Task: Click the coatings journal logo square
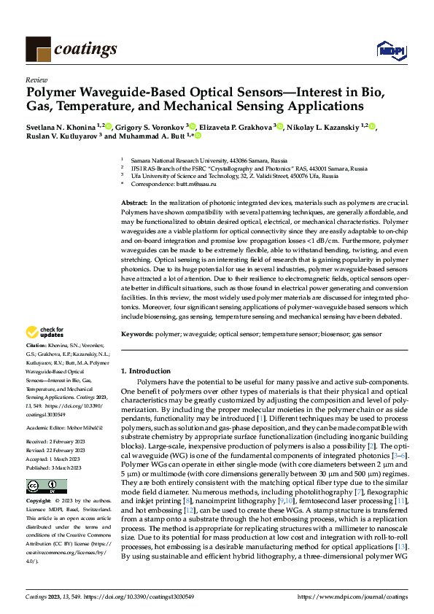click(x=38, y=49)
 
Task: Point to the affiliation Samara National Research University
click(x=183, y=159)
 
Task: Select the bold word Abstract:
click(x=134, y=201)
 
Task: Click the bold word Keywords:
click(x=136, y=333)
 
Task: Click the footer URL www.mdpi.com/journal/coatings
click(x=352, y=596)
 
